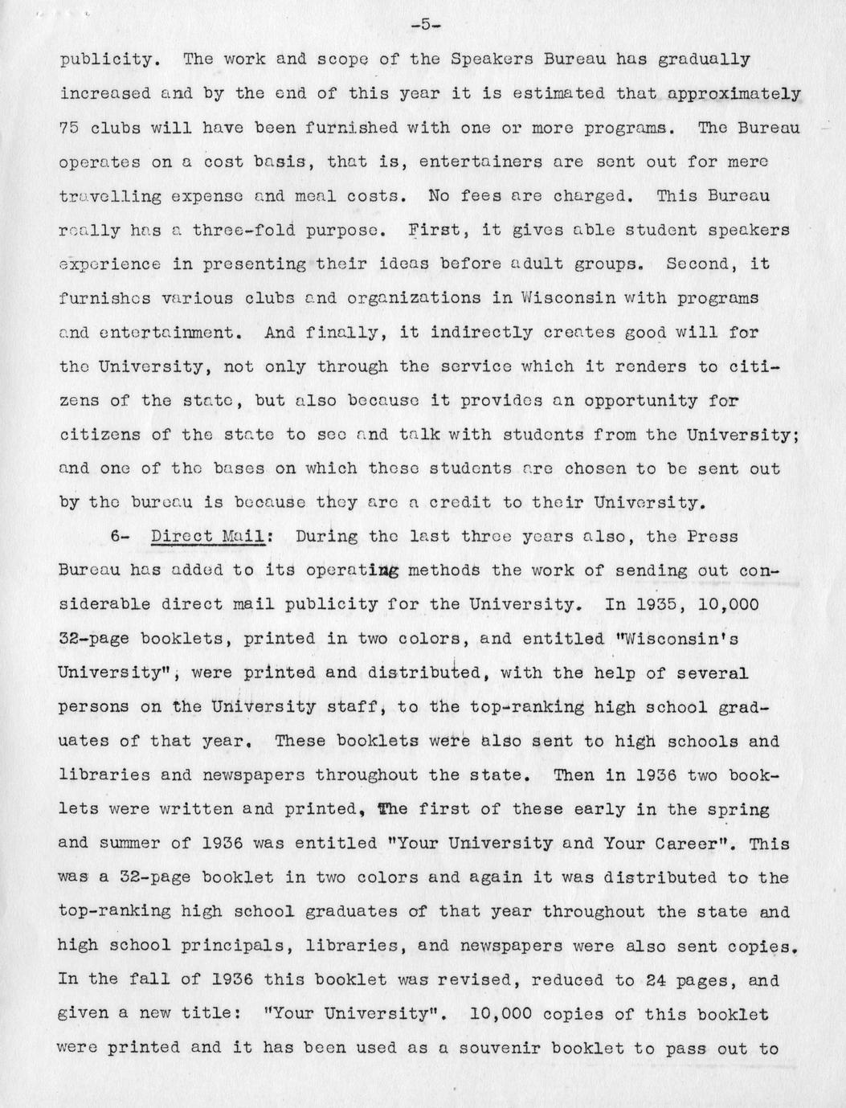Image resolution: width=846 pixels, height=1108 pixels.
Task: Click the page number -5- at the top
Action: point(423,24)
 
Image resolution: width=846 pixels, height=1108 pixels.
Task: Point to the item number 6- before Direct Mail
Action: point(119,537)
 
